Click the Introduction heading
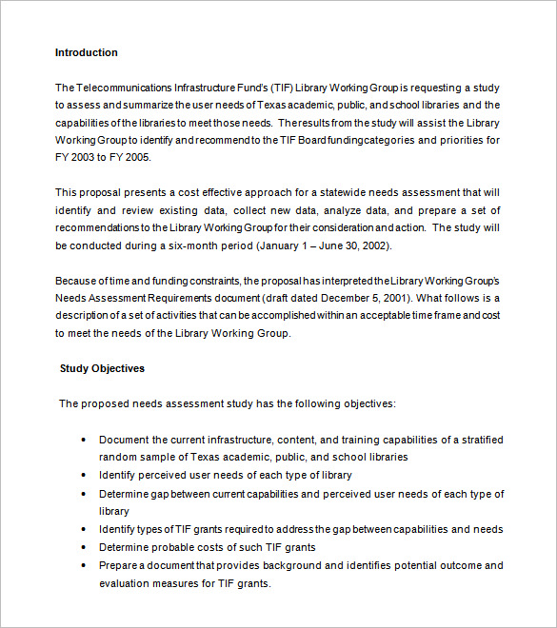tap(87, 52)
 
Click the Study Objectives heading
tap(102, 368)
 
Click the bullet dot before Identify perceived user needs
tap(85, 475)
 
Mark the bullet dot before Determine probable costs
tap(85, 547)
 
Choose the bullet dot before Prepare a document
tap(85, 565)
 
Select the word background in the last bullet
tap(287, 565)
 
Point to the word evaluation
tap(126, 583)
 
